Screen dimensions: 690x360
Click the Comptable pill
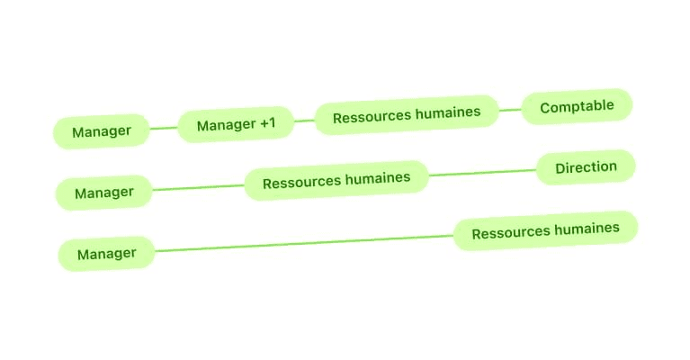[x=577, y=106]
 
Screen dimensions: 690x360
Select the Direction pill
[x=586, y=167]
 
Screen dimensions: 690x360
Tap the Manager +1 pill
[x=236, y=125]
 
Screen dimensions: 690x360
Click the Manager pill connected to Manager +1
[x=102, y=131]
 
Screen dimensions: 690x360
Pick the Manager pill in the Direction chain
[x=103, y=193]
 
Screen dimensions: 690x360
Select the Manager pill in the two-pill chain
[x=106, y=254]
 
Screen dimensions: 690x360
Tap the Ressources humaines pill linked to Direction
[x=336, y=181]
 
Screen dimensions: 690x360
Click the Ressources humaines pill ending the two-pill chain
[x=545, y=230]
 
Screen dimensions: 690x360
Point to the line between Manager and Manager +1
[x=164, y=129]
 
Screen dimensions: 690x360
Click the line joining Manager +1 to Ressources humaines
[x=304, y=121]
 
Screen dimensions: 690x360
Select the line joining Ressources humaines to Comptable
[x=510, y=110]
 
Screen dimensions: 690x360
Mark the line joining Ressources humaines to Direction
[x=482, y=173]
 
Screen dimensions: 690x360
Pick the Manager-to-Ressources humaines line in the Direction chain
[x=198, y=187]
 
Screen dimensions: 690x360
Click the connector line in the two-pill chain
[x=303, y=243]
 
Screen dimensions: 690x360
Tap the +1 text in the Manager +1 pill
[x=267, y=123]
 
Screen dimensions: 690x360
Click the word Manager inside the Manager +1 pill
[x=225, y=126]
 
